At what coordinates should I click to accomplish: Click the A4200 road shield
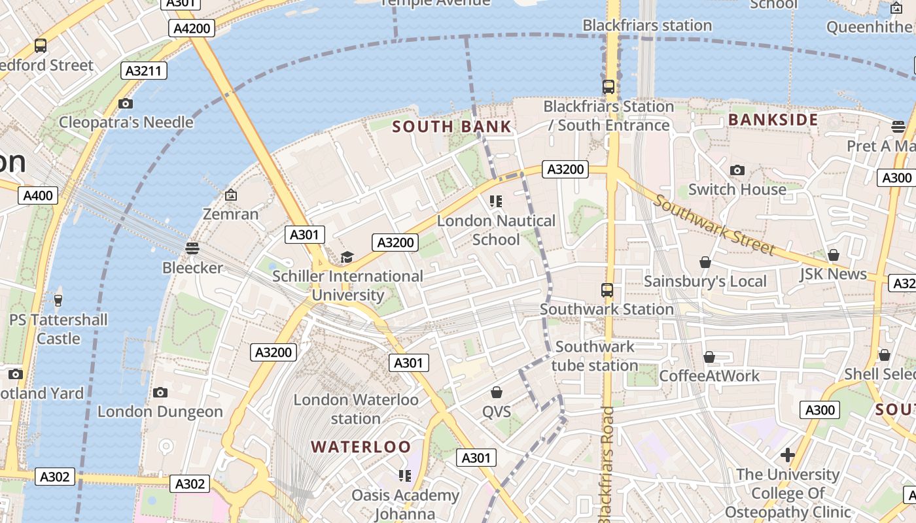[x=193, y=28]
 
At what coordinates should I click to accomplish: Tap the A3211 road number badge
[x=144, y=71]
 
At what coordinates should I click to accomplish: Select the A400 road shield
[x=38, y=195]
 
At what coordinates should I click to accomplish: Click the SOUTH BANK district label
[x=452, y=127]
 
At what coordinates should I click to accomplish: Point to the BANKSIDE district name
[x=773, y=120]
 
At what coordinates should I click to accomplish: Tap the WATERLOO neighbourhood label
[x=361, y=447]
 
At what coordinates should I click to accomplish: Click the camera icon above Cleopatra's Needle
[x=126, y=103]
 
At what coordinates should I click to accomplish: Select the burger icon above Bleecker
[x=192, y=248]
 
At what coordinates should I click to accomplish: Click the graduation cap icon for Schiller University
[x=347, y=258]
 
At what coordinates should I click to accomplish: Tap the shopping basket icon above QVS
[x=497, y=392]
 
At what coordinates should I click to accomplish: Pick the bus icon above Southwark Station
[x=607, y=290]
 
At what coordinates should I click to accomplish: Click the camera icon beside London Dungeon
[x=160, y=392]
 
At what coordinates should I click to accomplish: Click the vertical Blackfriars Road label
[x=607, y=464]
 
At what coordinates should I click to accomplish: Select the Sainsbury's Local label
[x=705, y=281]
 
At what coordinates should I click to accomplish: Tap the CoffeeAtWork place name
[x=709, y=376]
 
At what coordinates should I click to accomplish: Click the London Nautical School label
[x=496, y=230]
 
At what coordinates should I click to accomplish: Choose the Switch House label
[x=737, y=190]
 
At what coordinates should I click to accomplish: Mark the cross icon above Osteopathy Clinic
[x=788, y=454]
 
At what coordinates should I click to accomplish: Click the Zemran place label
[x=230, y=214]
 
